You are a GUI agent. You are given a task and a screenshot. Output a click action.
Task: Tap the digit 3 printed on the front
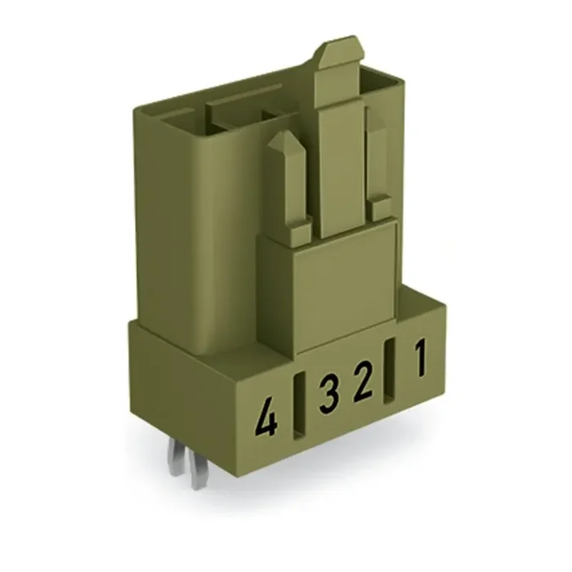(x=328, y=395)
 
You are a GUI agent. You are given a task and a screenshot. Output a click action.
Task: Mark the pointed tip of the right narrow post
(x=375, y=114)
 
